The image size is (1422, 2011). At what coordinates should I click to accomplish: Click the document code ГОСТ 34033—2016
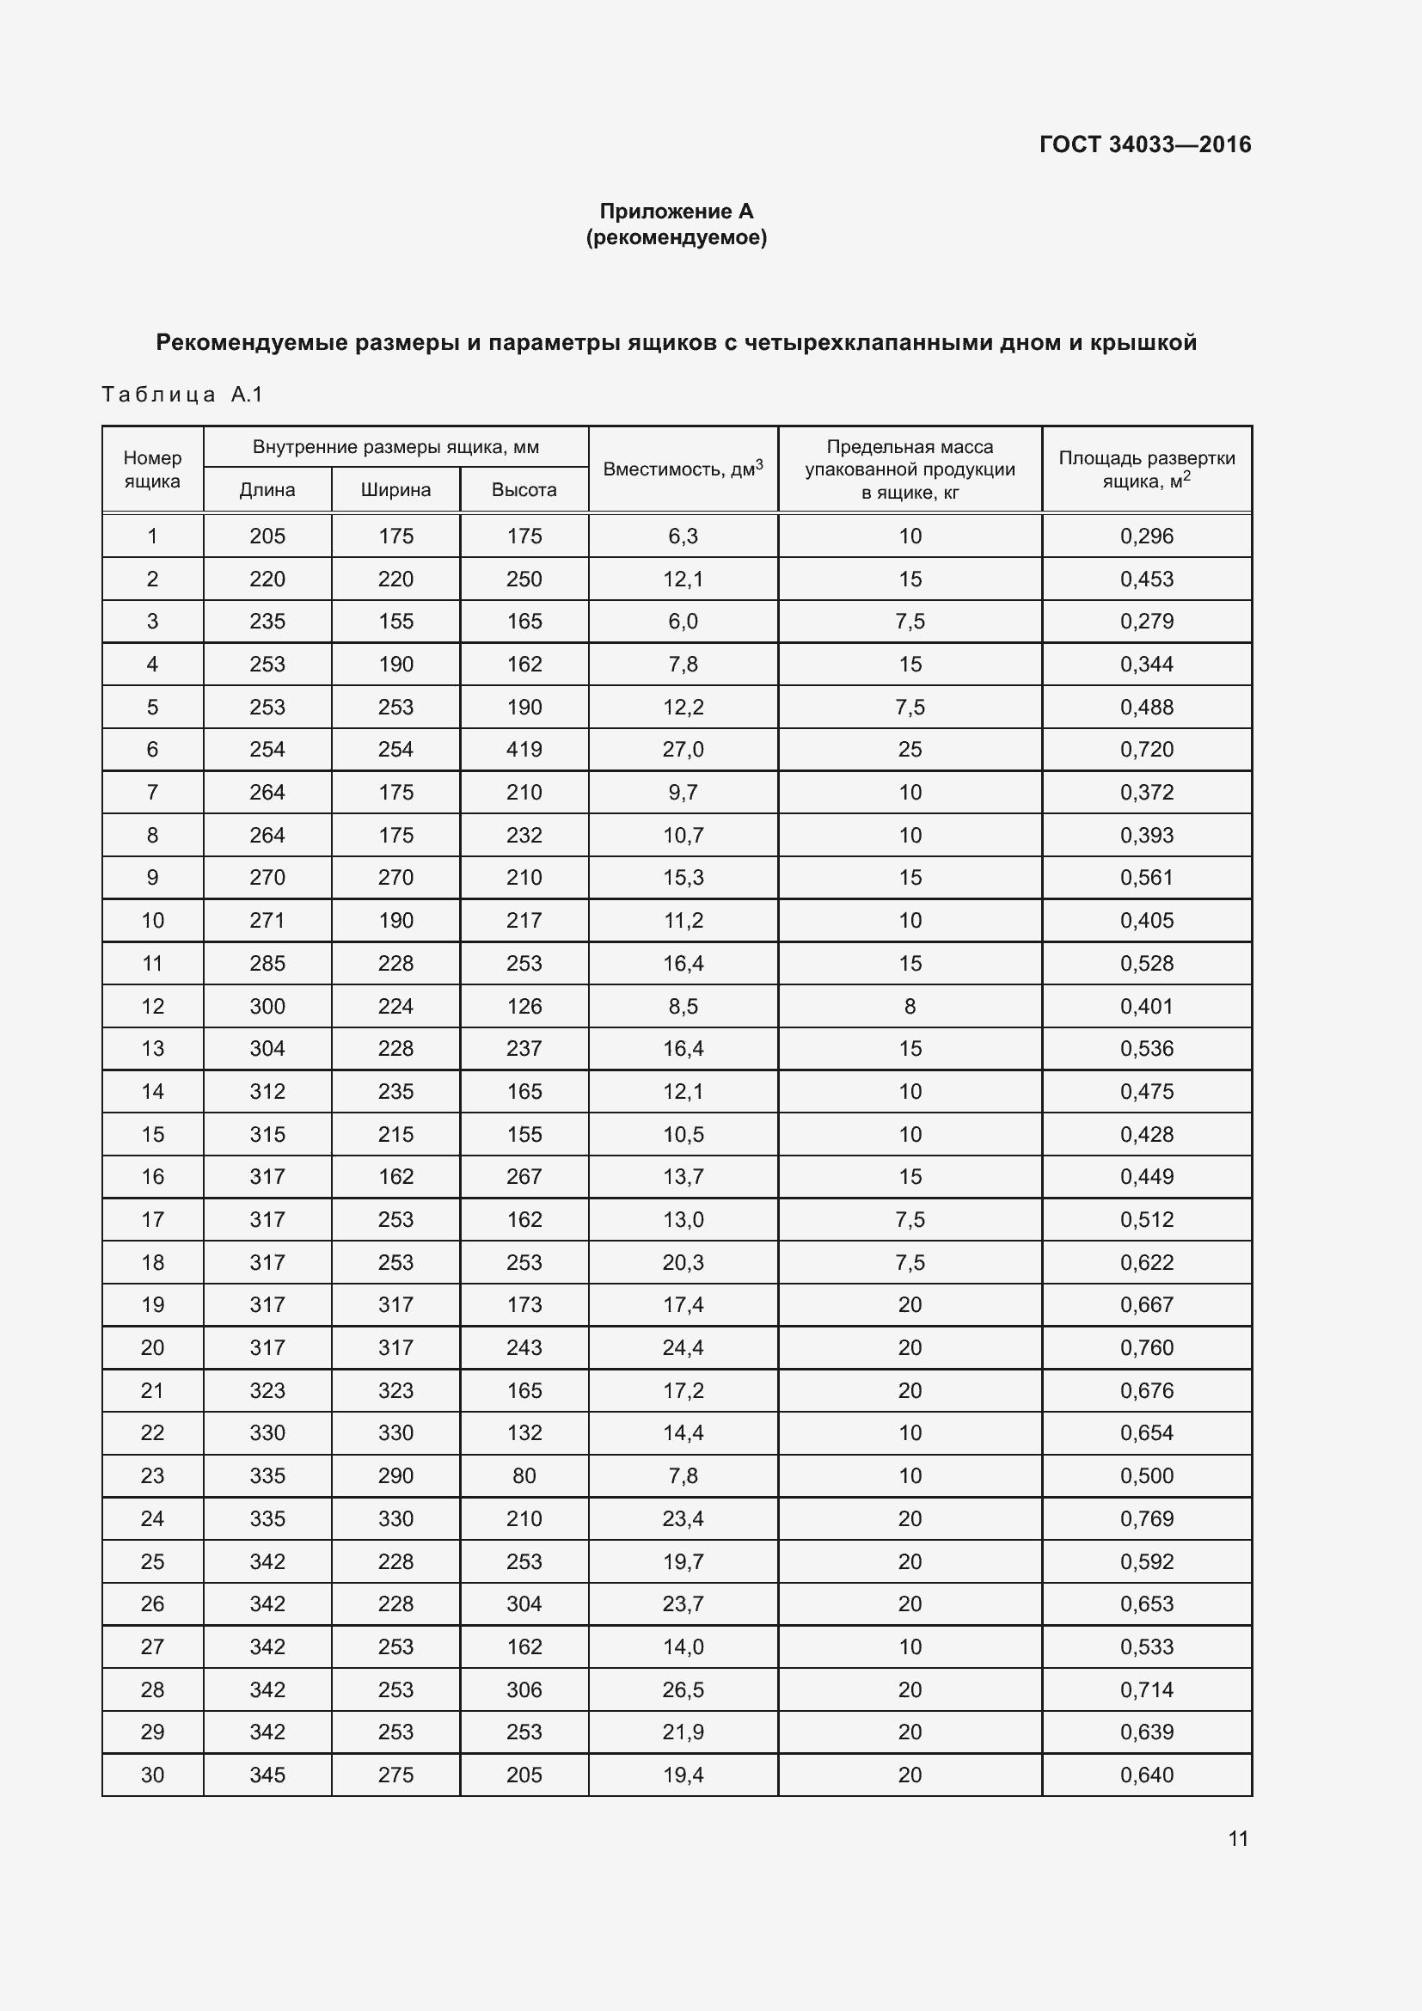pos(1144,144)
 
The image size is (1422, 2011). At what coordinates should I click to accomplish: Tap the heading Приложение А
pos(676,212)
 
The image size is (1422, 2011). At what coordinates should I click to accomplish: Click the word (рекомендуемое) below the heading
pos(676,237)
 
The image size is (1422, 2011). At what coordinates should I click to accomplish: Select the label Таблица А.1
pos(182,394)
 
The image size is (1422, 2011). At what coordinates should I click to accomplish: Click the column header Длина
pos(267,489)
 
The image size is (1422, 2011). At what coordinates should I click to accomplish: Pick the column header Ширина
pos(395,489)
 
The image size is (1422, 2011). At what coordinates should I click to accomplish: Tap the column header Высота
pos(524,489)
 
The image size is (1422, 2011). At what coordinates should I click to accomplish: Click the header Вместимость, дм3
pos(683,469)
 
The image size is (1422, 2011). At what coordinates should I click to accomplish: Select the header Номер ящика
pos(152,469)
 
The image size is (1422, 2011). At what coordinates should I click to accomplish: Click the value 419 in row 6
pos(524,749)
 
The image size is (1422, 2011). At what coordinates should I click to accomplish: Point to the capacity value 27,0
pos(683,749)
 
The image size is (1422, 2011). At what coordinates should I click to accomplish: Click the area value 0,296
pos(1146,536)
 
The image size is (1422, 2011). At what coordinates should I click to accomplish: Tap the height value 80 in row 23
pos(524,1476)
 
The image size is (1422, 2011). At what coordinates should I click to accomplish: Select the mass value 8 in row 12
pos(910,1007)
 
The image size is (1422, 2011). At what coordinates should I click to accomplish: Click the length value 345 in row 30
pos(267,1775)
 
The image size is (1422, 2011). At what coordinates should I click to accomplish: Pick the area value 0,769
pos(1146,1518)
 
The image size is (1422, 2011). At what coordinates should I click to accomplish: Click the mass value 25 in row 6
pos(910,749)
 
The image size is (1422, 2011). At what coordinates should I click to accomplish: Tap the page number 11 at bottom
pos(1237,1838)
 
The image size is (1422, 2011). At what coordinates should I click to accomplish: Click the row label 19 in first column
pos(152,1305)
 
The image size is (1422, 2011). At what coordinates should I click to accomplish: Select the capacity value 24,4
pos(683,1347)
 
